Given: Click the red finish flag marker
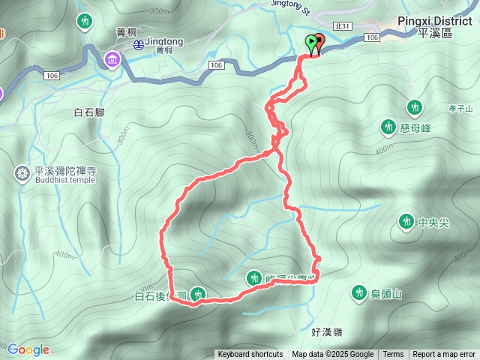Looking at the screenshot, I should (x=319, y=43).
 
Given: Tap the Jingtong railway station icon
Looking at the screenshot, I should (x=139, y=44).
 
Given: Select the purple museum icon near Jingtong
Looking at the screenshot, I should (x=112, y=58).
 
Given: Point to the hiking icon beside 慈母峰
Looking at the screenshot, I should (x=388, y=127).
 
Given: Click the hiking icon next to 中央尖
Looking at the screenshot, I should (x=406, y=221).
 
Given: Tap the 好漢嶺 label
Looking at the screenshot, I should (x=326, y=331).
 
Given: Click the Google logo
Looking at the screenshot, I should (x=28, y=349).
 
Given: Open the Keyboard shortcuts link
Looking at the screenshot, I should (x=250, y=355).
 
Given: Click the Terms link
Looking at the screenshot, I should (x=393, y=355).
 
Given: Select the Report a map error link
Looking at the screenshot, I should (x=444, y=355).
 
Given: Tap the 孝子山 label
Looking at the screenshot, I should (x=460, y=109).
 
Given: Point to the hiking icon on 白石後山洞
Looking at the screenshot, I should (x=197, y=295).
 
